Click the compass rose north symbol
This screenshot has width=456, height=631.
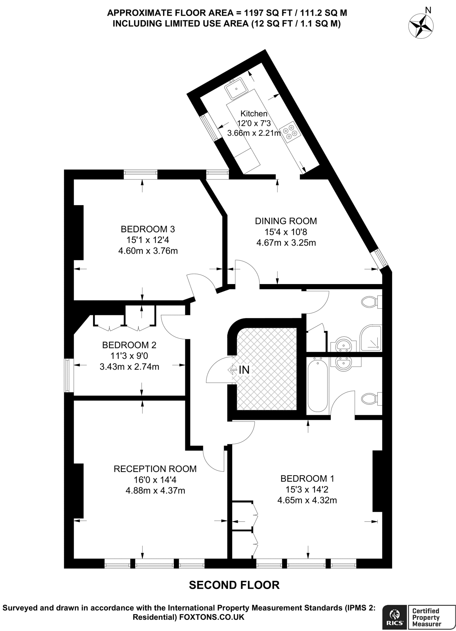[x=421, y=26]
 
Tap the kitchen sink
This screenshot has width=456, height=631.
[x=236, y=88]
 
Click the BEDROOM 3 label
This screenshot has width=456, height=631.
[x=148, y=229]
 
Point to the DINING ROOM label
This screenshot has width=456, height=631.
[x=286, y=221]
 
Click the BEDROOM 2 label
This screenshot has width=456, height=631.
[x=129, y=345]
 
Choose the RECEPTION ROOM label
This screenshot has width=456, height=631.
[x=155, y=469]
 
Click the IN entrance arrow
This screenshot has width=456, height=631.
[x=239, y=370]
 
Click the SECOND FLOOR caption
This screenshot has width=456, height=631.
[x=234, y=585]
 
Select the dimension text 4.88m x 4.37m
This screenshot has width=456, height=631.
[x=155, y=491]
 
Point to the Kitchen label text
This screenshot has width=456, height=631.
[x=254, y=113]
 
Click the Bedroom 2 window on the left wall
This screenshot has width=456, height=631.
[x=69, y=375]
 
